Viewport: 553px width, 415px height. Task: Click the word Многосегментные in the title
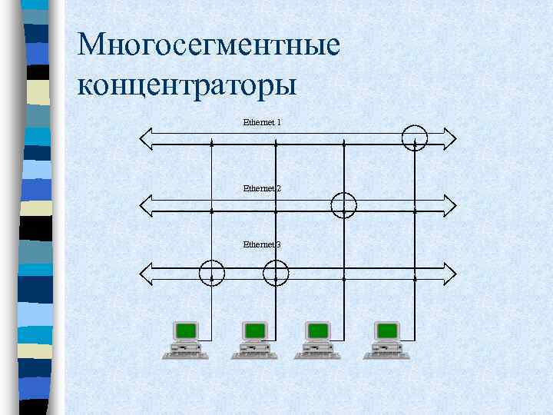point(208,46)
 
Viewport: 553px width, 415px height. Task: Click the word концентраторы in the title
point(187,85)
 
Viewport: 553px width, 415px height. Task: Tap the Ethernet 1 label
point(262,122)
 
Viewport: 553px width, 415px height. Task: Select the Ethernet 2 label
point(262,188)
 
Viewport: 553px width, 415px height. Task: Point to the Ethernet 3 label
point(262,244)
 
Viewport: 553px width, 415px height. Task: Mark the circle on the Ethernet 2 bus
point(343,204)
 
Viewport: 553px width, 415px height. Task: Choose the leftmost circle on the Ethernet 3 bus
point(212,272)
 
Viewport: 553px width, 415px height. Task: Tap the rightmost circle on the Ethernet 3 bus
point(276,272)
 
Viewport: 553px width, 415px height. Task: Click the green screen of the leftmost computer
point(185,331)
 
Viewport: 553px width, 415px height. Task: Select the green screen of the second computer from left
point(255,331)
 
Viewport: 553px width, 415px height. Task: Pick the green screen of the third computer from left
point(317,331)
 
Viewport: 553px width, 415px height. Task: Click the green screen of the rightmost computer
point(387,331)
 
